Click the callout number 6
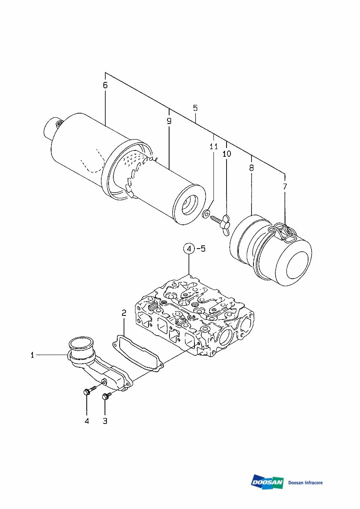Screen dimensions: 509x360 105,85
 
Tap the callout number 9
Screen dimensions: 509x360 169,121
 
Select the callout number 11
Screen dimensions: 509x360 213,147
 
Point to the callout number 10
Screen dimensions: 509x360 227,154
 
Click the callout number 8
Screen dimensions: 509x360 251,167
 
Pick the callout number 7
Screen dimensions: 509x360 285,186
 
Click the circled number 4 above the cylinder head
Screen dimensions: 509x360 189,249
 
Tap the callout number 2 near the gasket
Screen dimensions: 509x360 124,313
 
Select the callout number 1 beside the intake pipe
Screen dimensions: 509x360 32,355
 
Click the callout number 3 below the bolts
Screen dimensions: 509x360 105,421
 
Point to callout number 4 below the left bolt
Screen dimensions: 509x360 87,421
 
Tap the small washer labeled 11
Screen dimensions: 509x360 206,214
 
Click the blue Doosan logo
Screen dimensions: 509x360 267,482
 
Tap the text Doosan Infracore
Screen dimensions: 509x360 305,482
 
